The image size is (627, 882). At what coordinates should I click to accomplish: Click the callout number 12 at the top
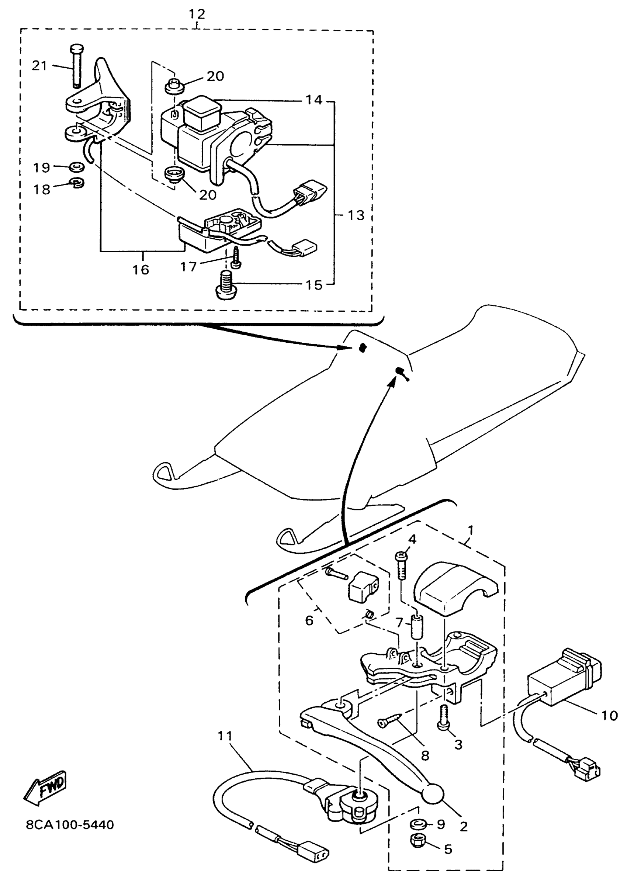(x=197, y=14)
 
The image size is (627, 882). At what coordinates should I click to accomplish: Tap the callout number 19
(x=42, y=167)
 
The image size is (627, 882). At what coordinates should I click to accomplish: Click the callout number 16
(x=141, y=269)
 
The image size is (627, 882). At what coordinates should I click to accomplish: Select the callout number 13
(x=356, y=215)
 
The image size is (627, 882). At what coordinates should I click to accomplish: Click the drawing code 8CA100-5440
(x=70, y=825)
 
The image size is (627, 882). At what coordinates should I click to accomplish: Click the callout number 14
(x=314, y=100)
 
